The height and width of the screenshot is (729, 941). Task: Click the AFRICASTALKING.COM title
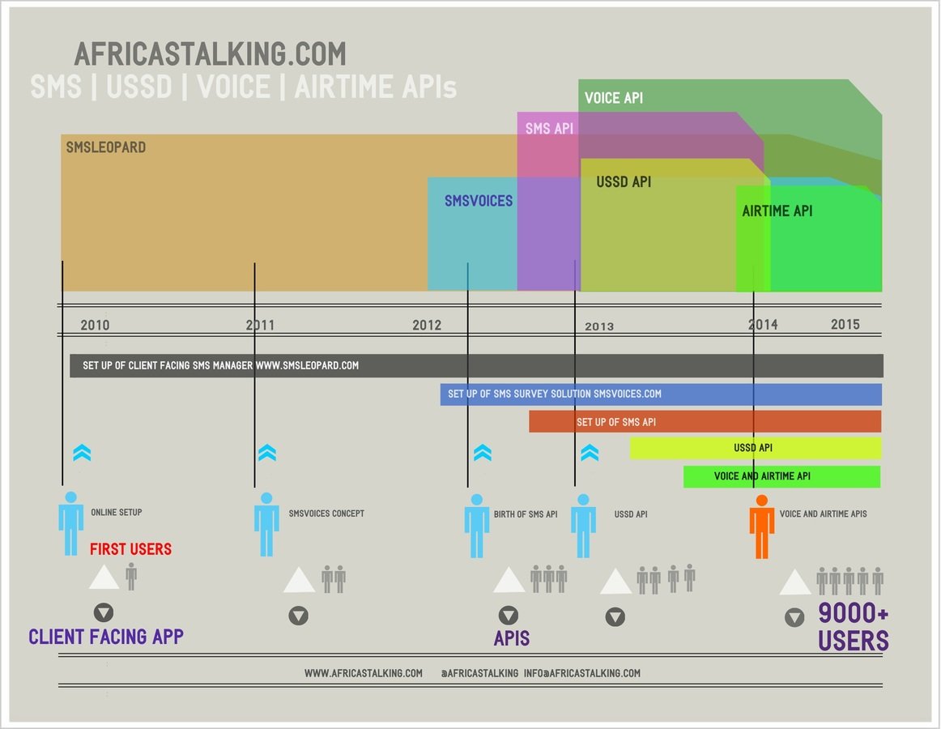[x=210, y=54]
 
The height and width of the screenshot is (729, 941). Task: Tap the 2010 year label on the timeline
[x=95, y=325]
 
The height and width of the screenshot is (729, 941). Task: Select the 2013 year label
[x=599, y=326]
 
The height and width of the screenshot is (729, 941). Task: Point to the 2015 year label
[x=845, y=324]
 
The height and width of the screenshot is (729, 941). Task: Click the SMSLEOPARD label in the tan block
[x=106, y=148]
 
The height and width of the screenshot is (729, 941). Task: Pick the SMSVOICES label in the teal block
[x=479, y=201]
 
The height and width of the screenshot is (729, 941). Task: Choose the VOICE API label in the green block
[x=614, y=98]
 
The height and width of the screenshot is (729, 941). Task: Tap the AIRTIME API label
[x=777, y=211]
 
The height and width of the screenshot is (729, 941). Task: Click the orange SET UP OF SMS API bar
[x=705, y=422]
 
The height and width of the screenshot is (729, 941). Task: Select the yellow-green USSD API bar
[x=755, y=448]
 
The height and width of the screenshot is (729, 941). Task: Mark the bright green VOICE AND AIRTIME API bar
[x=781, y=476]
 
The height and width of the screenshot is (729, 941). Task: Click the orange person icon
[x=761, y=526]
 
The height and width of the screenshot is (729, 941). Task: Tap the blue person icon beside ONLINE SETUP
[x=71, y=523]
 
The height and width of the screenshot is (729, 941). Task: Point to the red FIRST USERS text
[x=130, y=549]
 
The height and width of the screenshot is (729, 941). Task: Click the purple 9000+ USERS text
[x=854, y=628]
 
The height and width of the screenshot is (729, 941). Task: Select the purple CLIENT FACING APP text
[x=106, y=637]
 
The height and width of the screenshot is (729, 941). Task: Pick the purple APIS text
[x=512, y=638]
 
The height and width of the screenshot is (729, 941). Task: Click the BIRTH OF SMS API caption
[x=526, y=514]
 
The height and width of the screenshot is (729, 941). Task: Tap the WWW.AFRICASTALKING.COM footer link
[x=364, y=673]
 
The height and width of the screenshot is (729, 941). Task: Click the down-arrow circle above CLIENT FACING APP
[x=104, y=612]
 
